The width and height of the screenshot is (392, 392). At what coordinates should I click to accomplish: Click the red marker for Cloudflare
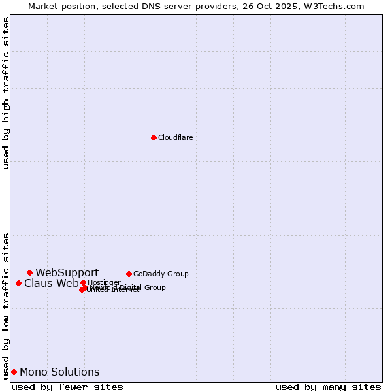154,137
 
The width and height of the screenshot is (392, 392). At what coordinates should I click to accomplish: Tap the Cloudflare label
175,137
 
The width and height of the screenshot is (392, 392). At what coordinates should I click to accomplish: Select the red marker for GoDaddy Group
129,274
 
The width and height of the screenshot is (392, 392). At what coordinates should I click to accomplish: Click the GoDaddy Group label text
161,274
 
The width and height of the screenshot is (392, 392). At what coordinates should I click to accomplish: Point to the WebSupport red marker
29,272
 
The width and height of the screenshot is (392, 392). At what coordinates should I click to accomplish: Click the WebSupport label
67,272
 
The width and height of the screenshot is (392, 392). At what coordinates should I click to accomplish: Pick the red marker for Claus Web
18,283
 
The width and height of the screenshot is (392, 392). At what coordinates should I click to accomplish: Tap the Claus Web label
51,283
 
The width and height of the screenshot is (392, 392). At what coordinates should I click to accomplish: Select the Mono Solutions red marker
14,372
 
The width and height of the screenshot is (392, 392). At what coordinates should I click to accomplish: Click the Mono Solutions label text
59,372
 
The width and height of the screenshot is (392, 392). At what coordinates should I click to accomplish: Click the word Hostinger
104,282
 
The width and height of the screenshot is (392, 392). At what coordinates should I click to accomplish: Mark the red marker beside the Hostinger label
83,282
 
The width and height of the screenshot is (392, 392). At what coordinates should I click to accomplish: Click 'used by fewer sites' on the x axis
67,387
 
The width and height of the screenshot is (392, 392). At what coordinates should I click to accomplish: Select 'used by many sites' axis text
328,387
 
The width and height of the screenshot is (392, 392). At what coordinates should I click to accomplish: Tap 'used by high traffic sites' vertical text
7,93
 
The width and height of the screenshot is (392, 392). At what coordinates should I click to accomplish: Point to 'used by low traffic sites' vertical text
7,305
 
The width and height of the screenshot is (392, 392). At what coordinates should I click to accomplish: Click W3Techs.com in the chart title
334,6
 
